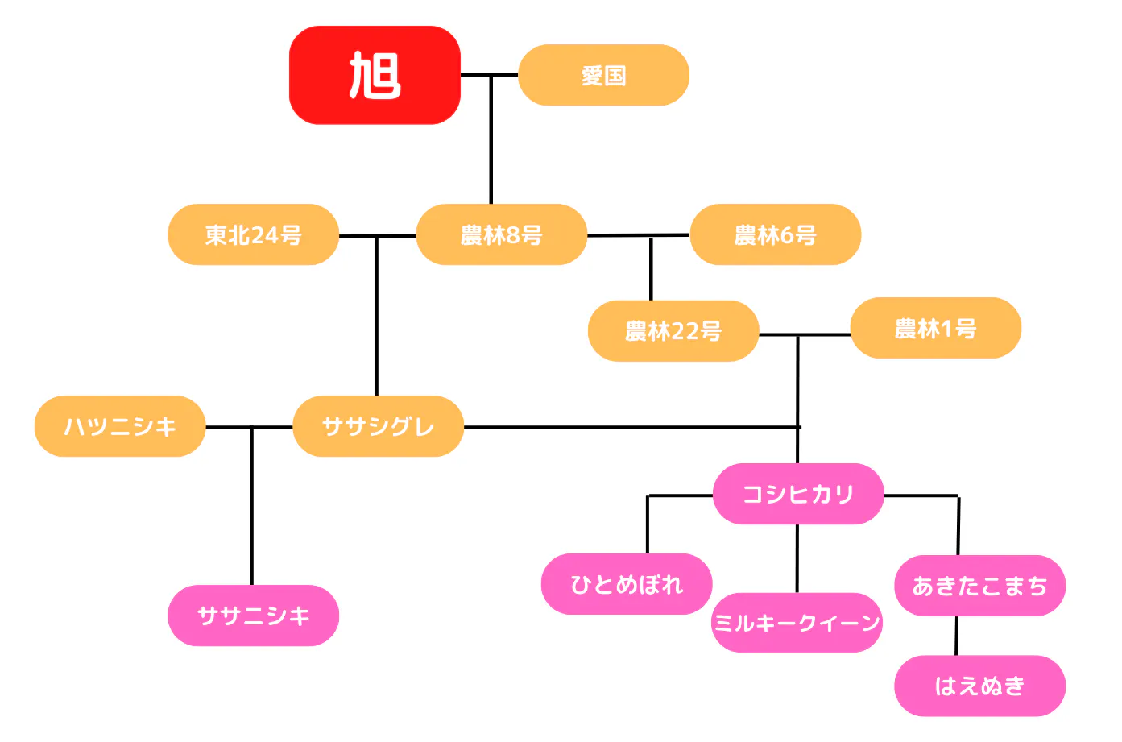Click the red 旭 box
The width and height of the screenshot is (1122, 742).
tap(375, 75)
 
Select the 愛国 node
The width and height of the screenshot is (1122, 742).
tap(603, 75)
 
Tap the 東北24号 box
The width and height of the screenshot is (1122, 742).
tap(253, 234)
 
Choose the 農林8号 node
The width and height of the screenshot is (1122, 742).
tap(501, 234)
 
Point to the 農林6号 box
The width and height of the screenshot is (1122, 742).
tap(775, 234)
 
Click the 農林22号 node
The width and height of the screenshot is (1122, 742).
tap(673, 330)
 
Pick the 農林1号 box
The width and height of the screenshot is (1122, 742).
tap(935, 328)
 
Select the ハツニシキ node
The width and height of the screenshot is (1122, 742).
tap(120, 426)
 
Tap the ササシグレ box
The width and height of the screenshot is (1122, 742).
tap(378, 426)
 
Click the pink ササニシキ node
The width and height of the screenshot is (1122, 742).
tap(253, 616)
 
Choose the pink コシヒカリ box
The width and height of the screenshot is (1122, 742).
tap(797, 494)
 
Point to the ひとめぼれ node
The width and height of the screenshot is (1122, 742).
tap(626, 584)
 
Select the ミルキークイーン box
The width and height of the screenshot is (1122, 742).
tap(796, 623)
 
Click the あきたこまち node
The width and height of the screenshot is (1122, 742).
tap(979, 586)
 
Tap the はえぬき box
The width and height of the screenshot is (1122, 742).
tap(979, 686)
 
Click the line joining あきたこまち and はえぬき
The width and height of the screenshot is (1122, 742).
tap(956, 636)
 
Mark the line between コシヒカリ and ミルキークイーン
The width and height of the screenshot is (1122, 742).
tap(797, 558)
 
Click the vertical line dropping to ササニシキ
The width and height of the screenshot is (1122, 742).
tap(251, 516)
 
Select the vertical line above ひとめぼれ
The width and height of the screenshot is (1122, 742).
tap(648, 524)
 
